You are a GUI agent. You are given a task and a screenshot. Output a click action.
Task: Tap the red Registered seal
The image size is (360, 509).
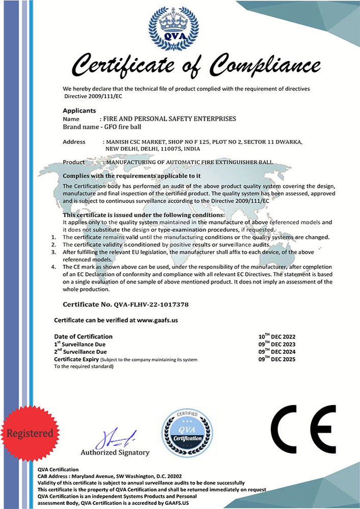click(30, 433)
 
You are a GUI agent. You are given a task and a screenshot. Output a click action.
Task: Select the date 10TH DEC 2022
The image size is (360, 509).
click(277, 337)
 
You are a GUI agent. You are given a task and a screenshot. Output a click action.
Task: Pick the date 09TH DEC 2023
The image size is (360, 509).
click(277, 345)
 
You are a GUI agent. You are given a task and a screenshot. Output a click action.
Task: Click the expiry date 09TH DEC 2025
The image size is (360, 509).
click(277, 359)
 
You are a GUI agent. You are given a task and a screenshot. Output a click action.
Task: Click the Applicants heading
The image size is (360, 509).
click(79, 110)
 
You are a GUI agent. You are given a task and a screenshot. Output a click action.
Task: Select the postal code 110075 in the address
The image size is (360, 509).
click(172, 149)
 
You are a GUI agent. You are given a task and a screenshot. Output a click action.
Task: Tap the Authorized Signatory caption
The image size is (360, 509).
click(115, 453)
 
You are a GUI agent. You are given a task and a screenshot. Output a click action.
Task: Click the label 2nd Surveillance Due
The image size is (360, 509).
click(80, 352)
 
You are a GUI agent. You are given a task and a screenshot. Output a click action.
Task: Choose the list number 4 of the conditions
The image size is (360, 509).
click(53, 267)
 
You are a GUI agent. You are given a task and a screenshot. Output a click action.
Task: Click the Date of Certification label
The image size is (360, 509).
click(84, 336)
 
